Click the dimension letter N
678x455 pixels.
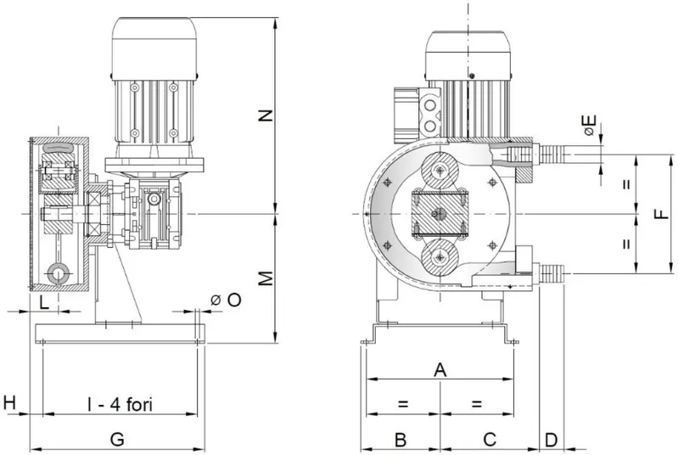point(266,116)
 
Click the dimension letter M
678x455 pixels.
point(266,278)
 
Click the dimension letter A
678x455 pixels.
point(440,370)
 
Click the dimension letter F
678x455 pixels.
point(662,214)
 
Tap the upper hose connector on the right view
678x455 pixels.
point(552,154)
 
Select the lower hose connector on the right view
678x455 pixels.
point(552,273)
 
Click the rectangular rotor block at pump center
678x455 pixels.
point(440,213)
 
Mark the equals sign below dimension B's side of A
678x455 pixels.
point(403,404)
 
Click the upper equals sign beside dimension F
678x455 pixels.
point(626,183)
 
